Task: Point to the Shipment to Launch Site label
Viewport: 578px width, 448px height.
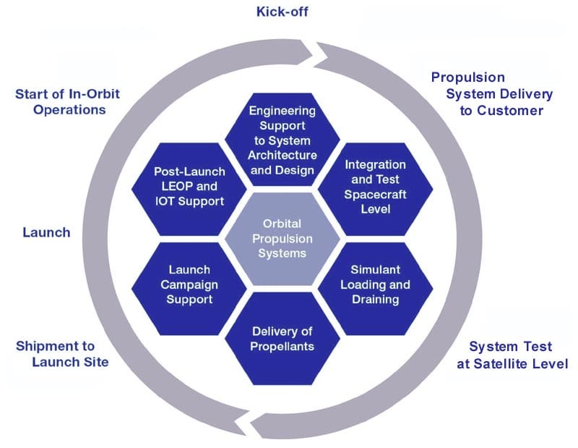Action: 63,353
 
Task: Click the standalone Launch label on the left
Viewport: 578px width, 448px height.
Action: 46,232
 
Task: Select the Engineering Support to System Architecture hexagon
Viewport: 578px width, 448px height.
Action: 282,141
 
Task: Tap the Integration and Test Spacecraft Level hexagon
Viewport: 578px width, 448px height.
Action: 376,187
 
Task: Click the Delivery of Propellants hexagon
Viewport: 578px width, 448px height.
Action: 282,339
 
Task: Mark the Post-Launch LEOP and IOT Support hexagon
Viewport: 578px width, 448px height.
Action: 189,187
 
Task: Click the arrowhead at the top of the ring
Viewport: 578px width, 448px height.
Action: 316,51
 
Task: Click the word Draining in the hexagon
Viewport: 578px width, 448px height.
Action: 375,299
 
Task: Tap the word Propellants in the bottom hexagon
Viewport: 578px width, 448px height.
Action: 282,346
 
